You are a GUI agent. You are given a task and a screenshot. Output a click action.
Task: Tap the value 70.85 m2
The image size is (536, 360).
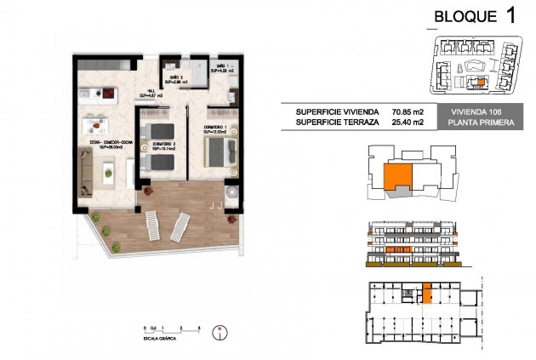point(408,111)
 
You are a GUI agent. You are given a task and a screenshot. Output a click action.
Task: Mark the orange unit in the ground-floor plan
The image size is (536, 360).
point(428,294)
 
